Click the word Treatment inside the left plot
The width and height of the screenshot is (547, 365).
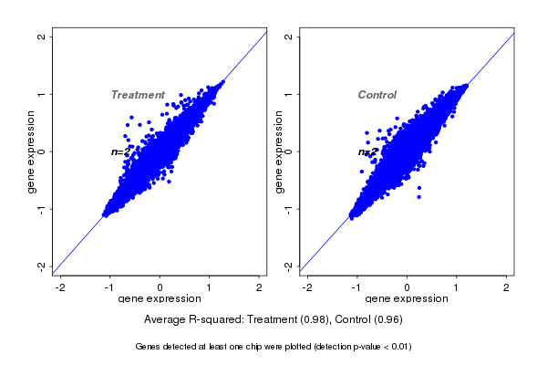[x=138, y=95]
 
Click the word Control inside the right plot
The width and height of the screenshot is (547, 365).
[x=377, y=95]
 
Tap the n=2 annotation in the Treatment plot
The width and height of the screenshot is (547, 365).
[x=121, y=152]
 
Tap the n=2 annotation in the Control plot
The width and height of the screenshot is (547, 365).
[x=367, y=152]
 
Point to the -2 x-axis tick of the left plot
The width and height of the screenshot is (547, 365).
[x=61, y=287]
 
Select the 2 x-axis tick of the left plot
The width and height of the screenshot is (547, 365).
[x=261, y=287]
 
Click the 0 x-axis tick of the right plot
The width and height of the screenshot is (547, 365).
[x=408, y=287]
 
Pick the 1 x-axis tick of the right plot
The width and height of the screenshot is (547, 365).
[x=458, y=287]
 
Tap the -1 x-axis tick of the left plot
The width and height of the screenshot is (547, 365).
[x=110, y=287]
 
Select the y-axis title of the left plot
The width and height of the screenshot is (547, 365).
[x=32, y=151]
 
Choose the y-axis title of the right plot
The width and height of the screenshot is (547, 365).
[x=278, y=151]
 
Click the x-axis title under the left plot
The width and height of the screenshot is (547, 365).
[x=160, y=299]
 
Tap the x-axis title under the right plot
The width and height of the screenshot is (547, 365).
[x=407, y=299]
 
